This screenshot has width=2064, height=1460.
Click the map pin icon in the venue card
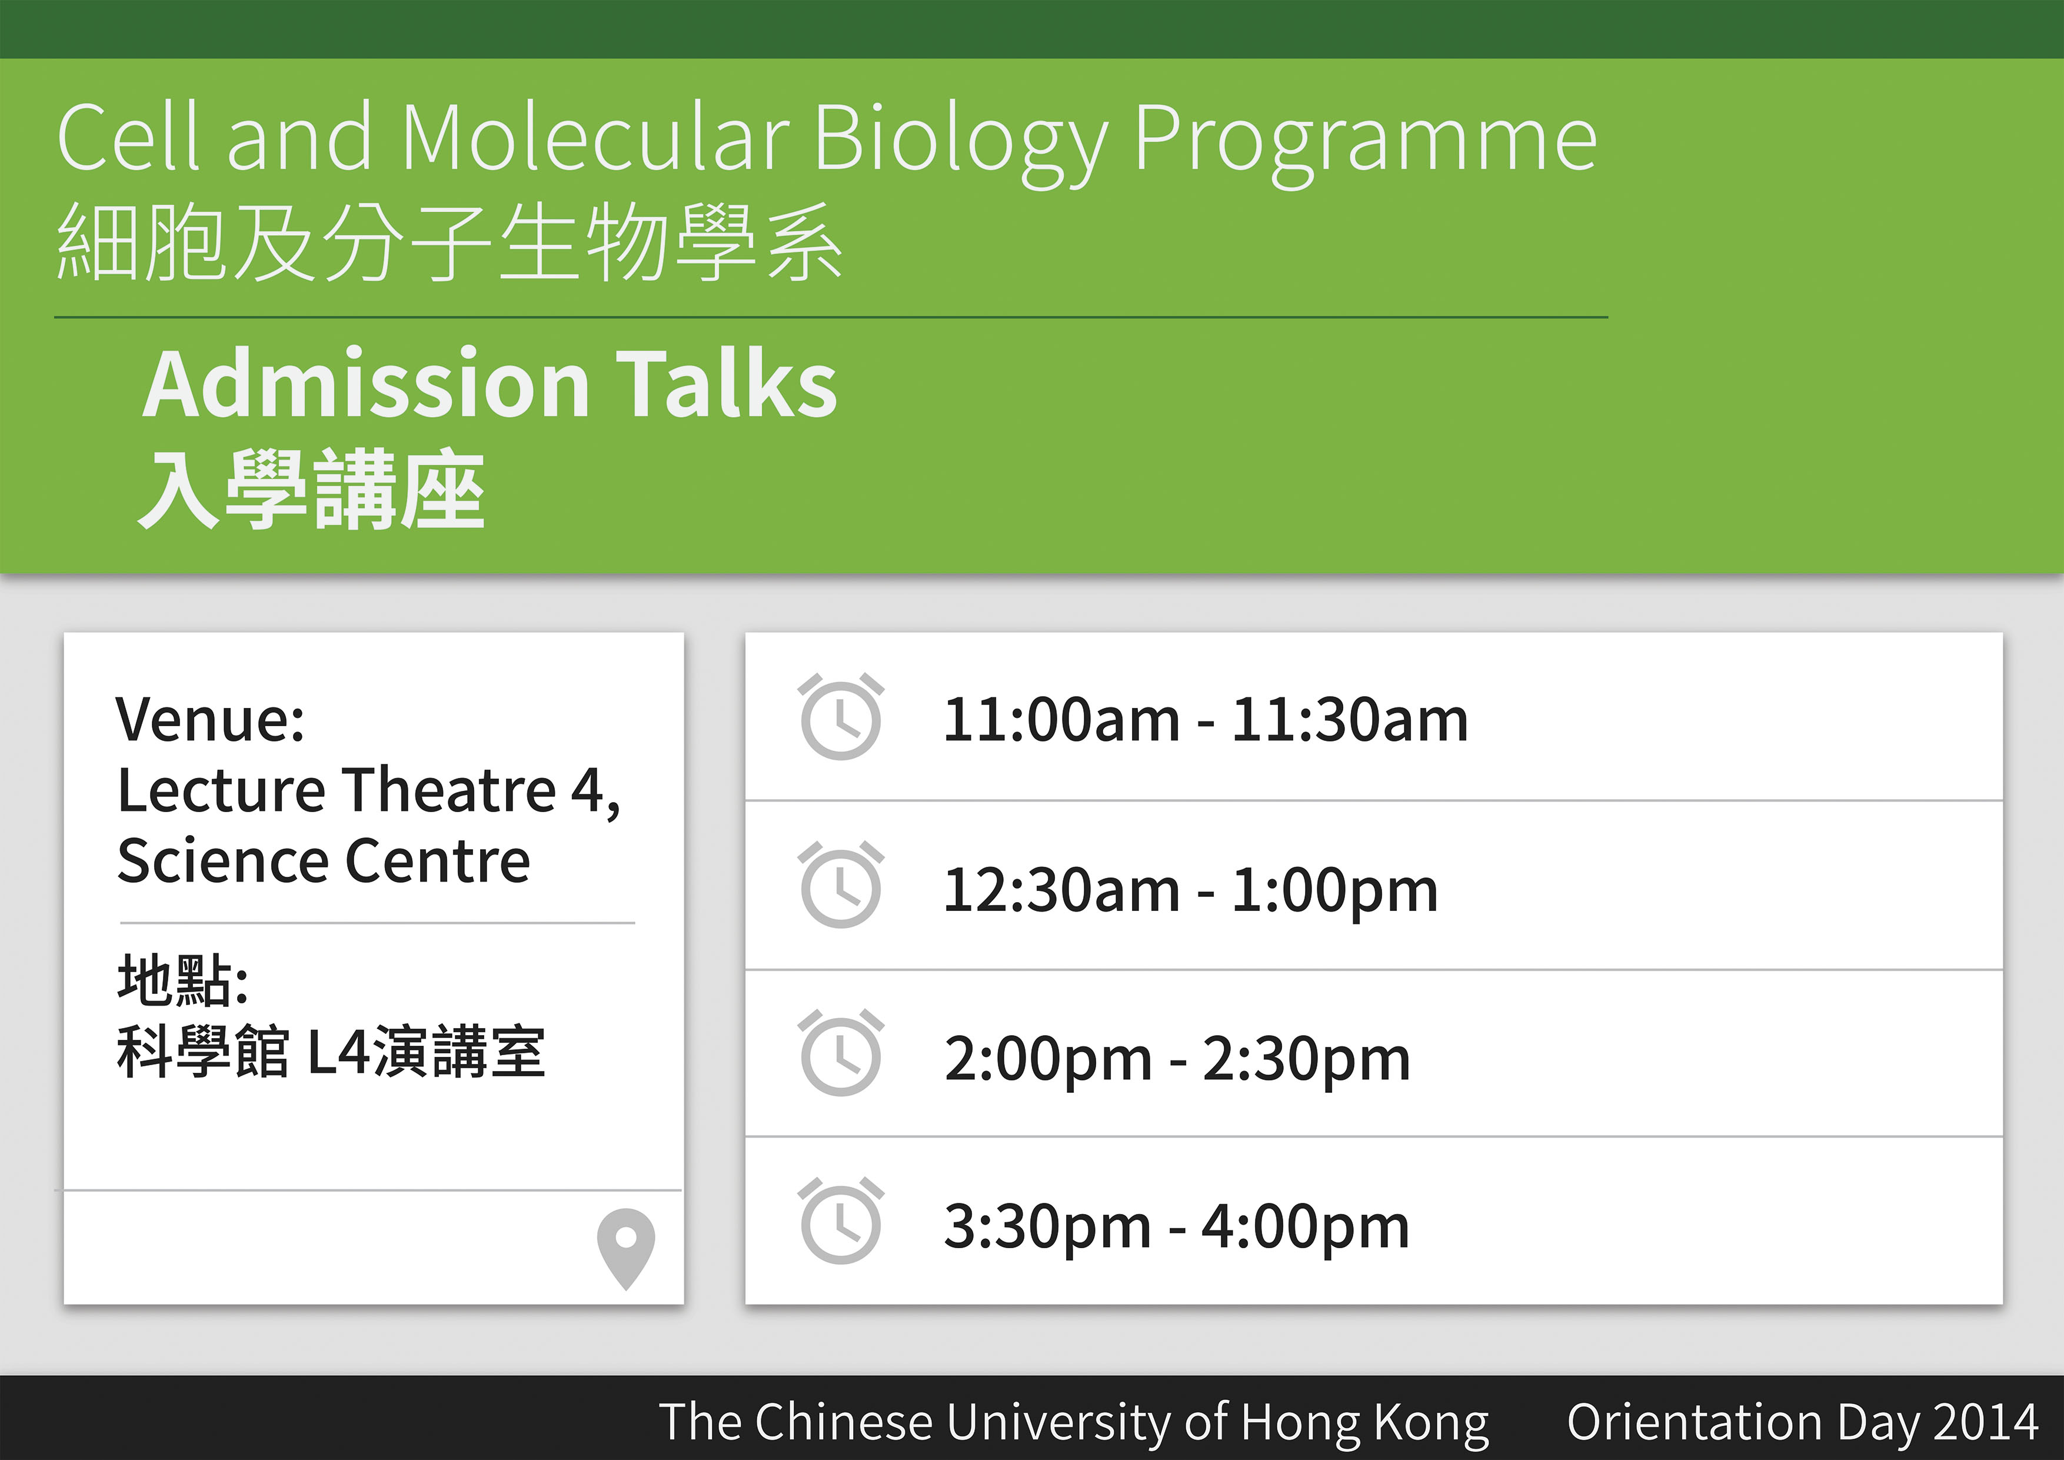(625, 1249)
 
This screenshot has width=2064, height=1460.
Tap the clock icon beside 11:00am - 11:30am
(841, 717)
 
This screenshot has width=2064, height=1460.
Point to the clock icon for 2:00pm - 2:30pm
(841, 1053)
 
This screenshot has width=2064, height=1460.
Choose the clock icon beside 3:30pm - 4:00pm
(841, 1221)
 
